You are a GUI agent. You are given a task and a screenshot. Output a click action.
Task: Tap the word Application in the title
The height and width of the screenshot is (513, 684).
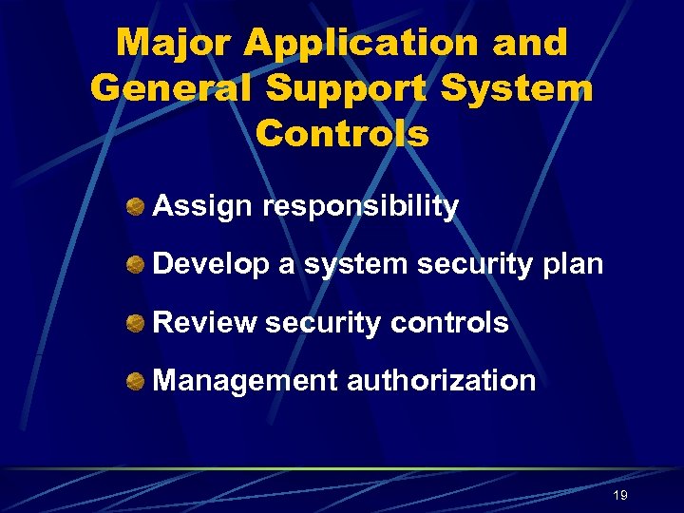click(360, 43)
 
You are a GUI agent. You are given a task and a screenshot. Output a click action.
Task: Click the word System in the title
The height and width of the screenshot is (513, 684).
click(513, 88)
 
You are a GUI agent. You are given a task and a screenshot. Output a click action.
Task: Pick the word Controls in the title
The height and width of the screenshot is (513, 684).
click(342, 134)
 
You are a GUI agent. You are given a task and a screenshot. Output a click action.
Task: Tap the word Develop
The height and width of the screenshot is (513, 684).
click(211, 264)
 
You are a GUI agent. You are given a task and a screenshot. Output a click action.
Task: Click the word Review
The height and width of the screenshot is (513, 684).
click(204, 323)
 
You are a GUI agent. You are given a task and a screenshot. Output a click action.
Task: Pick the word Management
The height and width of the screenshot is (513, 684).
click(245, 381)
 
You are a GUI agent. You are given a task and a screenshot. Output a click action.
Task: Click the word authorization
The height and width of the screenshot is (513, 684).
click(442, 381)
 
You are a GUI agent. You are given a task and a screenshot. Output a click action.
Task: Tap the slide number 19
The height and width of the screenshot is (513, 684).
click(620, 495)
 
